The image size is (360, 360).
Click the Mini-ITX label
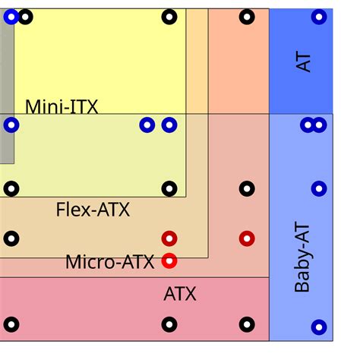62,106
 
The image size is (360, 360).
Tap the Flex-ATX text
93,210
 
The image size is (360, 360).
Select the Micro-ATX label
110,262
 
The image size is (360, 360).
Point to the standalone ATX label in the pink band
180,294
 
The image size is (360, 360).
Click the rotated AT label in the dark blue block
303,62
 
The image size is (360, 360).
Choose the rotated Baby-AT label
302,257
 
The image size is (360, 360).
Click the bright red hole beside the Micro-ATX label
169,261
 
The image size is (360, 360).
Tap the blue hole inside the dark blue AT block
319,17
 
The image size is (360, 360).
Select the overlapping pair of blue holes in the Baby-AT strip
314,125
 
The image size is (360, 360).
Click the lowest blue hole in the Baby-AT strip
319,327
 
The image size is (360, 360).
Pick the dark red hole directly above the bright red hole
169,238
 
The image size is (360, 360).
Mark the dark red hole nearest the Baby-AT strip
247,238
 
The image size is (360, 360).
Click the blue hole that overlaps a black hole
11,17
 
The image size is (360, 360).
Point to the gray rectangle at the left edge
7,86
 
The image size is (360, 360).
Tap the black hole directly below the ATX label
169,324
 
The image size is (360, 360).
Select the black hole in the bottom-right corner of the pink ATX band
247,324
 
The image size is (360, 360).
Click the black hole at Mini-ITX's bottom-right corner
169,188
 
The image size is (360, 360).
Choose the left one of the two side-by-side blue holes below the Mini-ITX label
147,125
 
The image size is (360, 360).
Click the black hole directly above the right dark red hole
247,188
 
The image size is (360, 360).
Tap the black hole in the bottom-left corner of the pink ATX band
11,324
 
